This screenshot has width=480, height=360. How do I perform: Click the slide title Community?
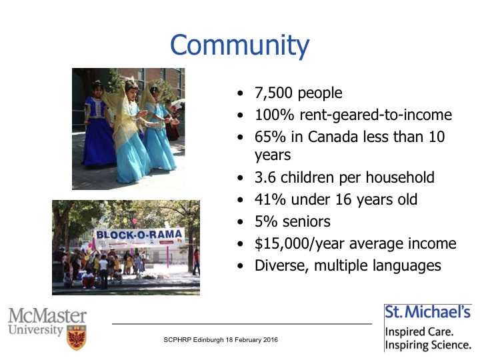[240, 45]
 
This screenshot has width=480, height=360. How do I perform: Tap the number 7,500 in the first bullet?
[273, 93]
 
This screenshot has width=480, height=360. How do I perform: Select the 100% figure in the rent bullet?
[274, 115]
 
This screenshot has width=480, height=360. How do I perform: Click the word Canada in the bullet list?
[333, 137]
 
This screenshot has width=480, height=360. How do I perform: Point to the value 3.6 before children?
[265, 177]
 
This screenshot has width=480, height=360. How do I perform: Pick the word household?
[400, 177]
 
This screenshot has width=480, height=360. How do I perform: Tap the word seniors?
[307, 221]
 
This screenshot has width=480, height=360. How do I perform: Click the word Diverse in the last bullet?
[282, 265]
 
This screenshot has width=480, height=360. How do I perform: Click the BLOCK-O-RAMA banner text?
[139, 235]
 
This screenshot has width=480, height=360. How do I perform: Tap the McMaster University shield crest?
[77, 337]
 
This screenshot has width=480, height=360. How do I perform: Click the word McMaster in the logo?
[47, 315]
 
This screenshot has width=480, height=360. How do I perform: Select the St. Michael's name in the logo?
[427, 312]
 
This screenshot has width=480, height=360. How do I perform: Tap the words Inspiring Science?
[428, 345]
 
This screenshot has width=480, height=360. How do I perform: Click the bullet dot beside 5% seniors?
[240, 222]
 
